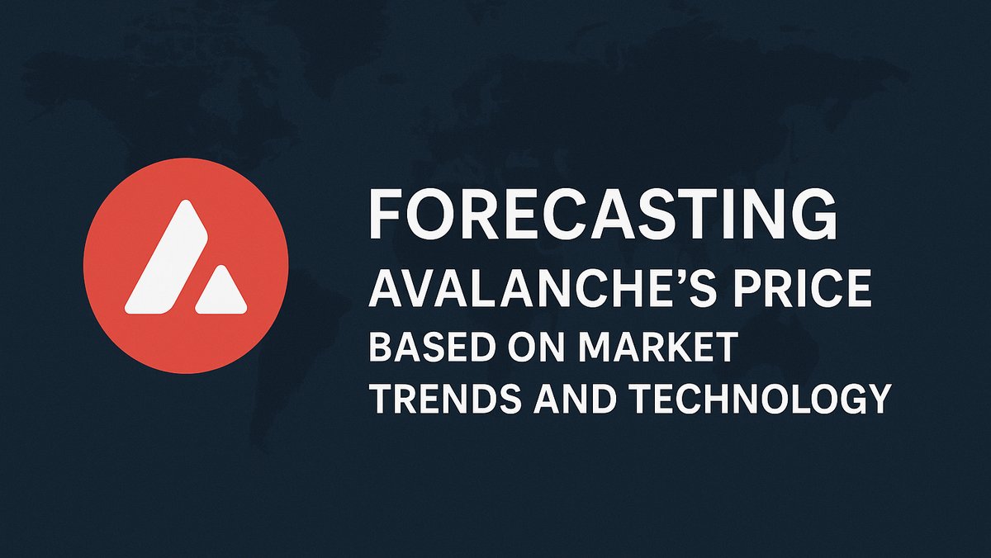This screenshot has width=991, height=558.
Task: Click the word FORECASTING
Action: [602, 214]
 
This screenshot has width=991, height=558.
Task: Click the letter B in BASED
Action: [379, 348]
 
